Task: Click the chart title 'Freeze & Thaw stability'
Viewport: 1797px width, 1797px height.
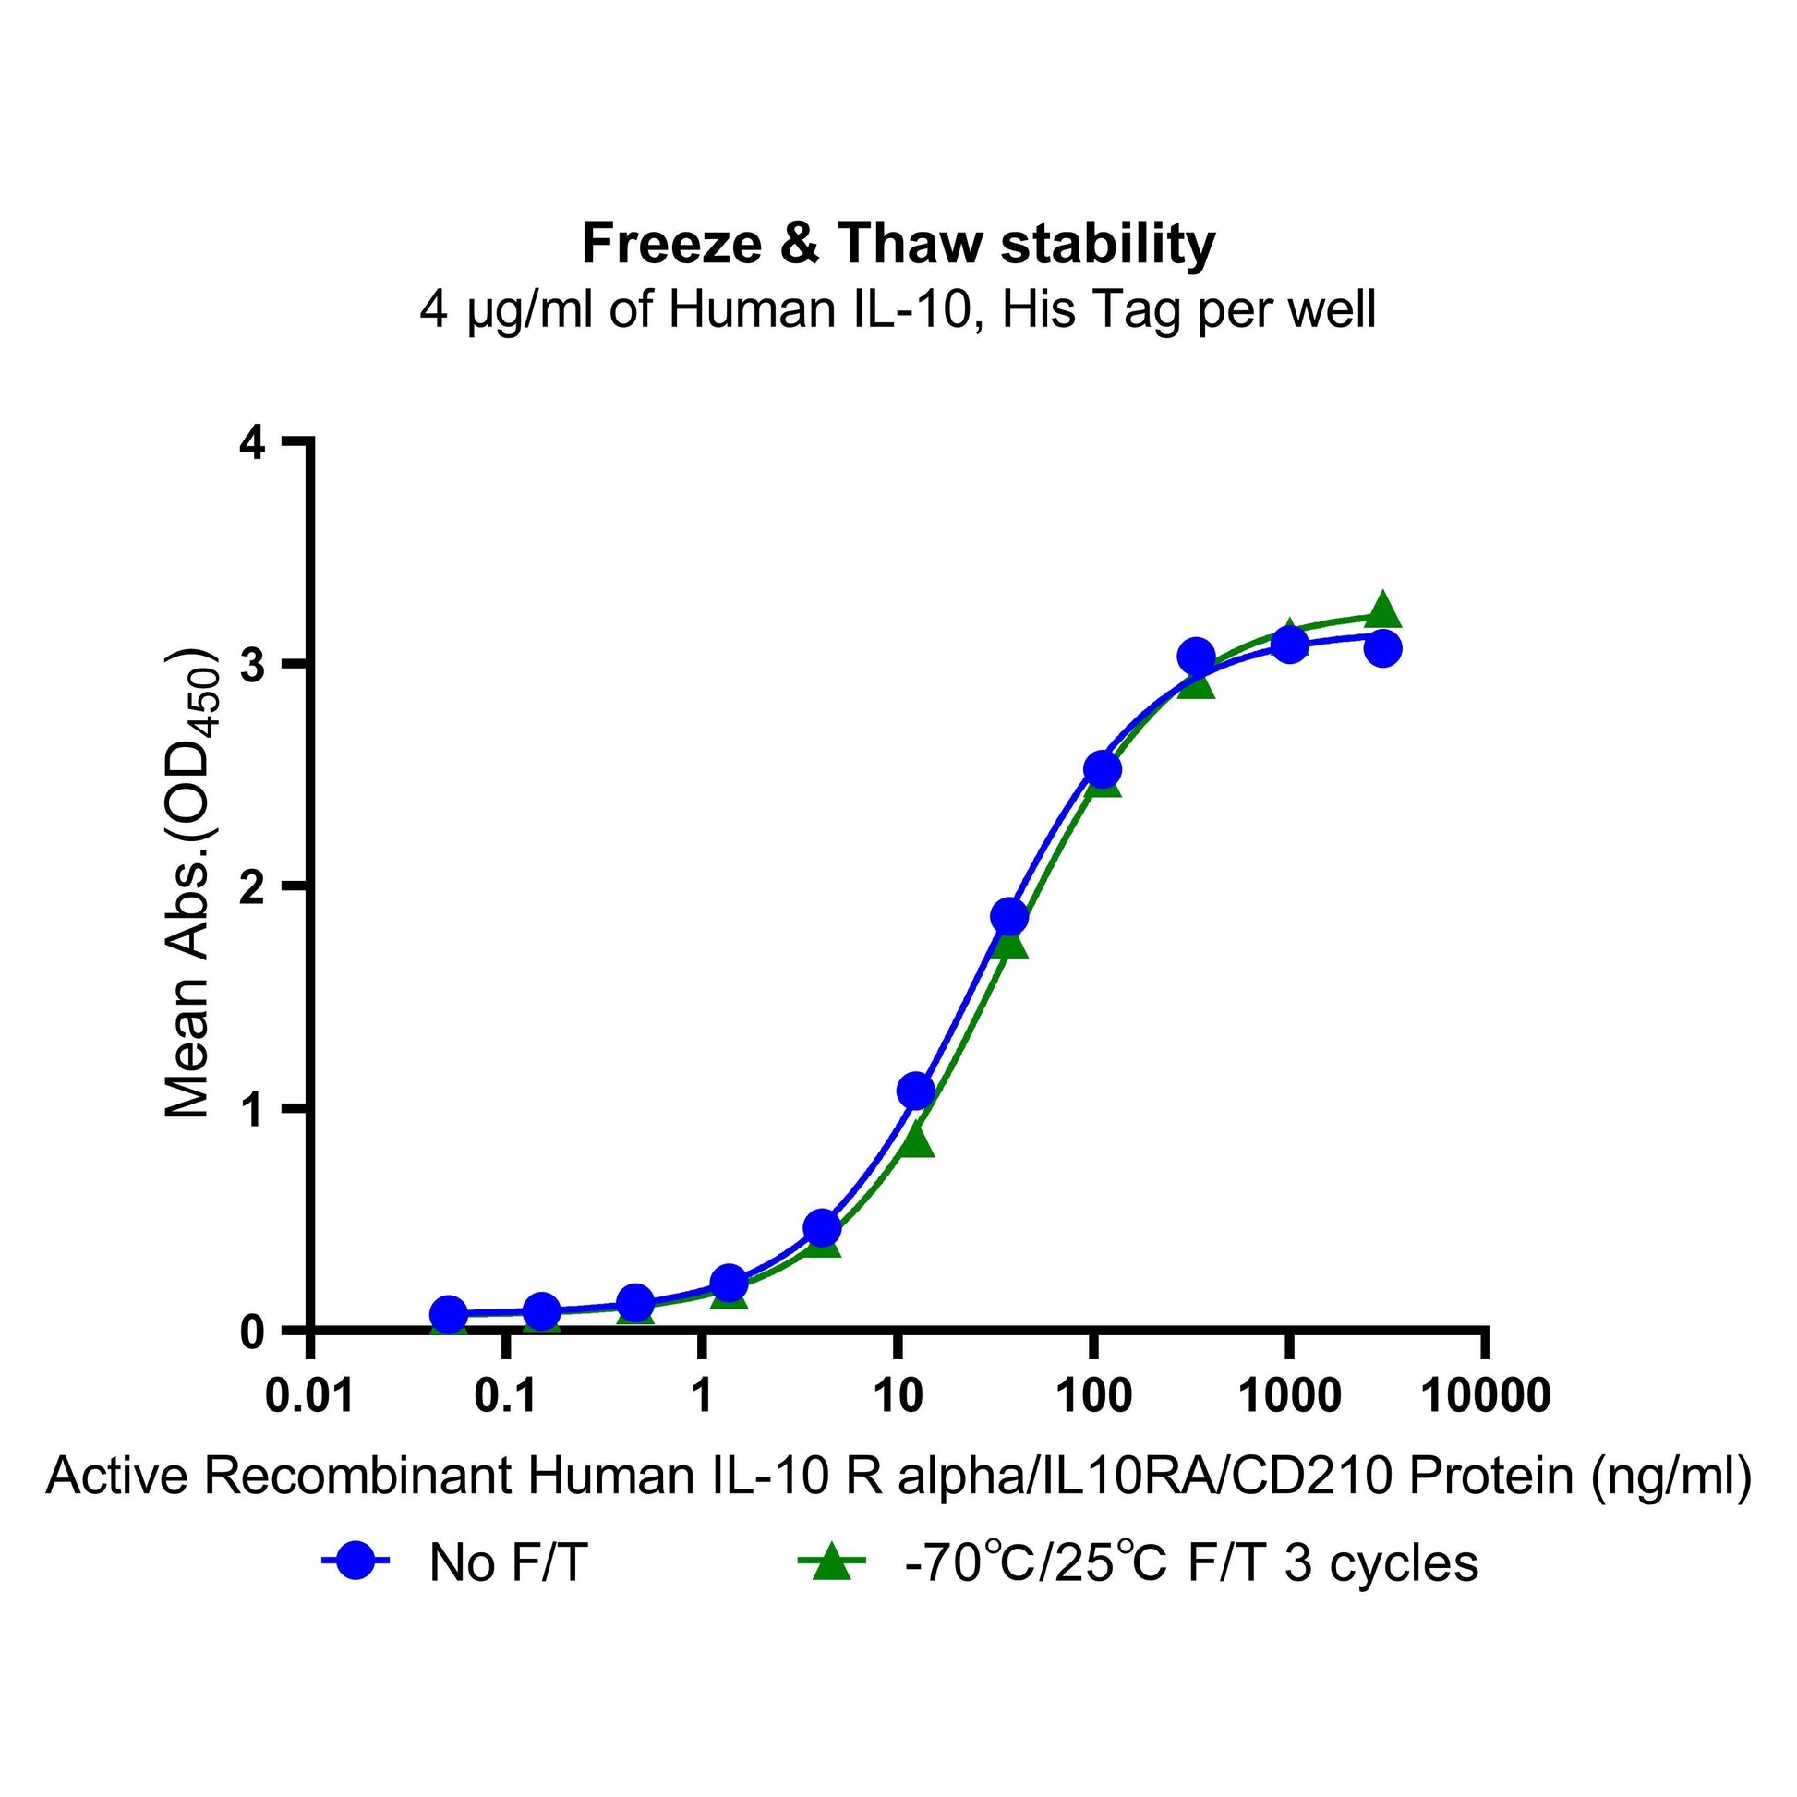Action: pyautogui.click(x=898, y=245)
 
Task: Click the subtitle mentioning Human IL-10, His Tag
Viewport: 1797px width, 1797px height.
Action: pyautogui.click(x=898, y=310)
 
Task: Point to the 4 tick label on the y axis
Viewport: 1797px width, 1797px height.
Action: pyautogui.click(x=253, y=443)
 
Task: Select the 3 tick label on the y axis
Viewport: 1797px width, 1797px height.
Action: pyautogui.click(x=253, y=666)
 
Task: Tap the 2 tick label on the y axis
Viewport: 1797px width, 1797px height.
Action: pyautogui.click(x=253, y=888)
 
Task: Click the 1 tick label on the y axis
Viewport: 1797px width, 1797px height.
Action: pyautogui.click(x=253, y=1111)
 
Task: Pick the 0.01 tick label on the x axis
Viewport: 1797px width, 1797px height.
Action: pyautogui.click(x=309, y=1397)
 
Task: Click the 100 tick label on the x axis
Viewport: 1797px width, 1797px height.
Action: pyautogui.click(x=1093, y=1397)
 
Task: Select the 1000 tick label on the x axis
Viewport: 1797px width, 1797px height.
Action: pyautogui.click(x=1289, y=1397)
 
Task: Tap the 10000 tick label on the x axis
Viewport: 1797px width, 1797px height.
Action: pyautogui.click(x=1487, y=1397)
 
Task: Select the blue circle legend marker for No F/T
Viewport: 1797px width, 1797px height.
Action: pyautogui.click(x=356, y=1562)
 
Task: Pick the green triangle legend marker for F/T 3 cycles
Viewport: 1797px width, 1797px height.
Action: pyautogui.click(x=831, y=1562)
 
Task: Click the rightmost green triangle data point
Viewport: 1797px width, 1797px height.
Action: pyautogui.click(x=1383, y=610)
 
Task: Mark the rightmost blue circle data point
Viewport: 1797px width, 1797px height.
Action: pyautogui.click(x=1383, y=648)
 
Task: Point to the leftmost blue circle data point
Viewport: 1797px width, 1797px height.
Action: pyautogui.click(x=448, y=1314)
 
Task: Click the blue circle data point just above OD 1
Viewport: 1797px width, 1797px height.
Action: pyautogui.click(x=916, y=1090)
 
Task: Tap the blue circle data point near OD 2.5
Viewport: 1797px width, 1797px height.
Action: pyautogui.click(x=1103, y=769)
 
